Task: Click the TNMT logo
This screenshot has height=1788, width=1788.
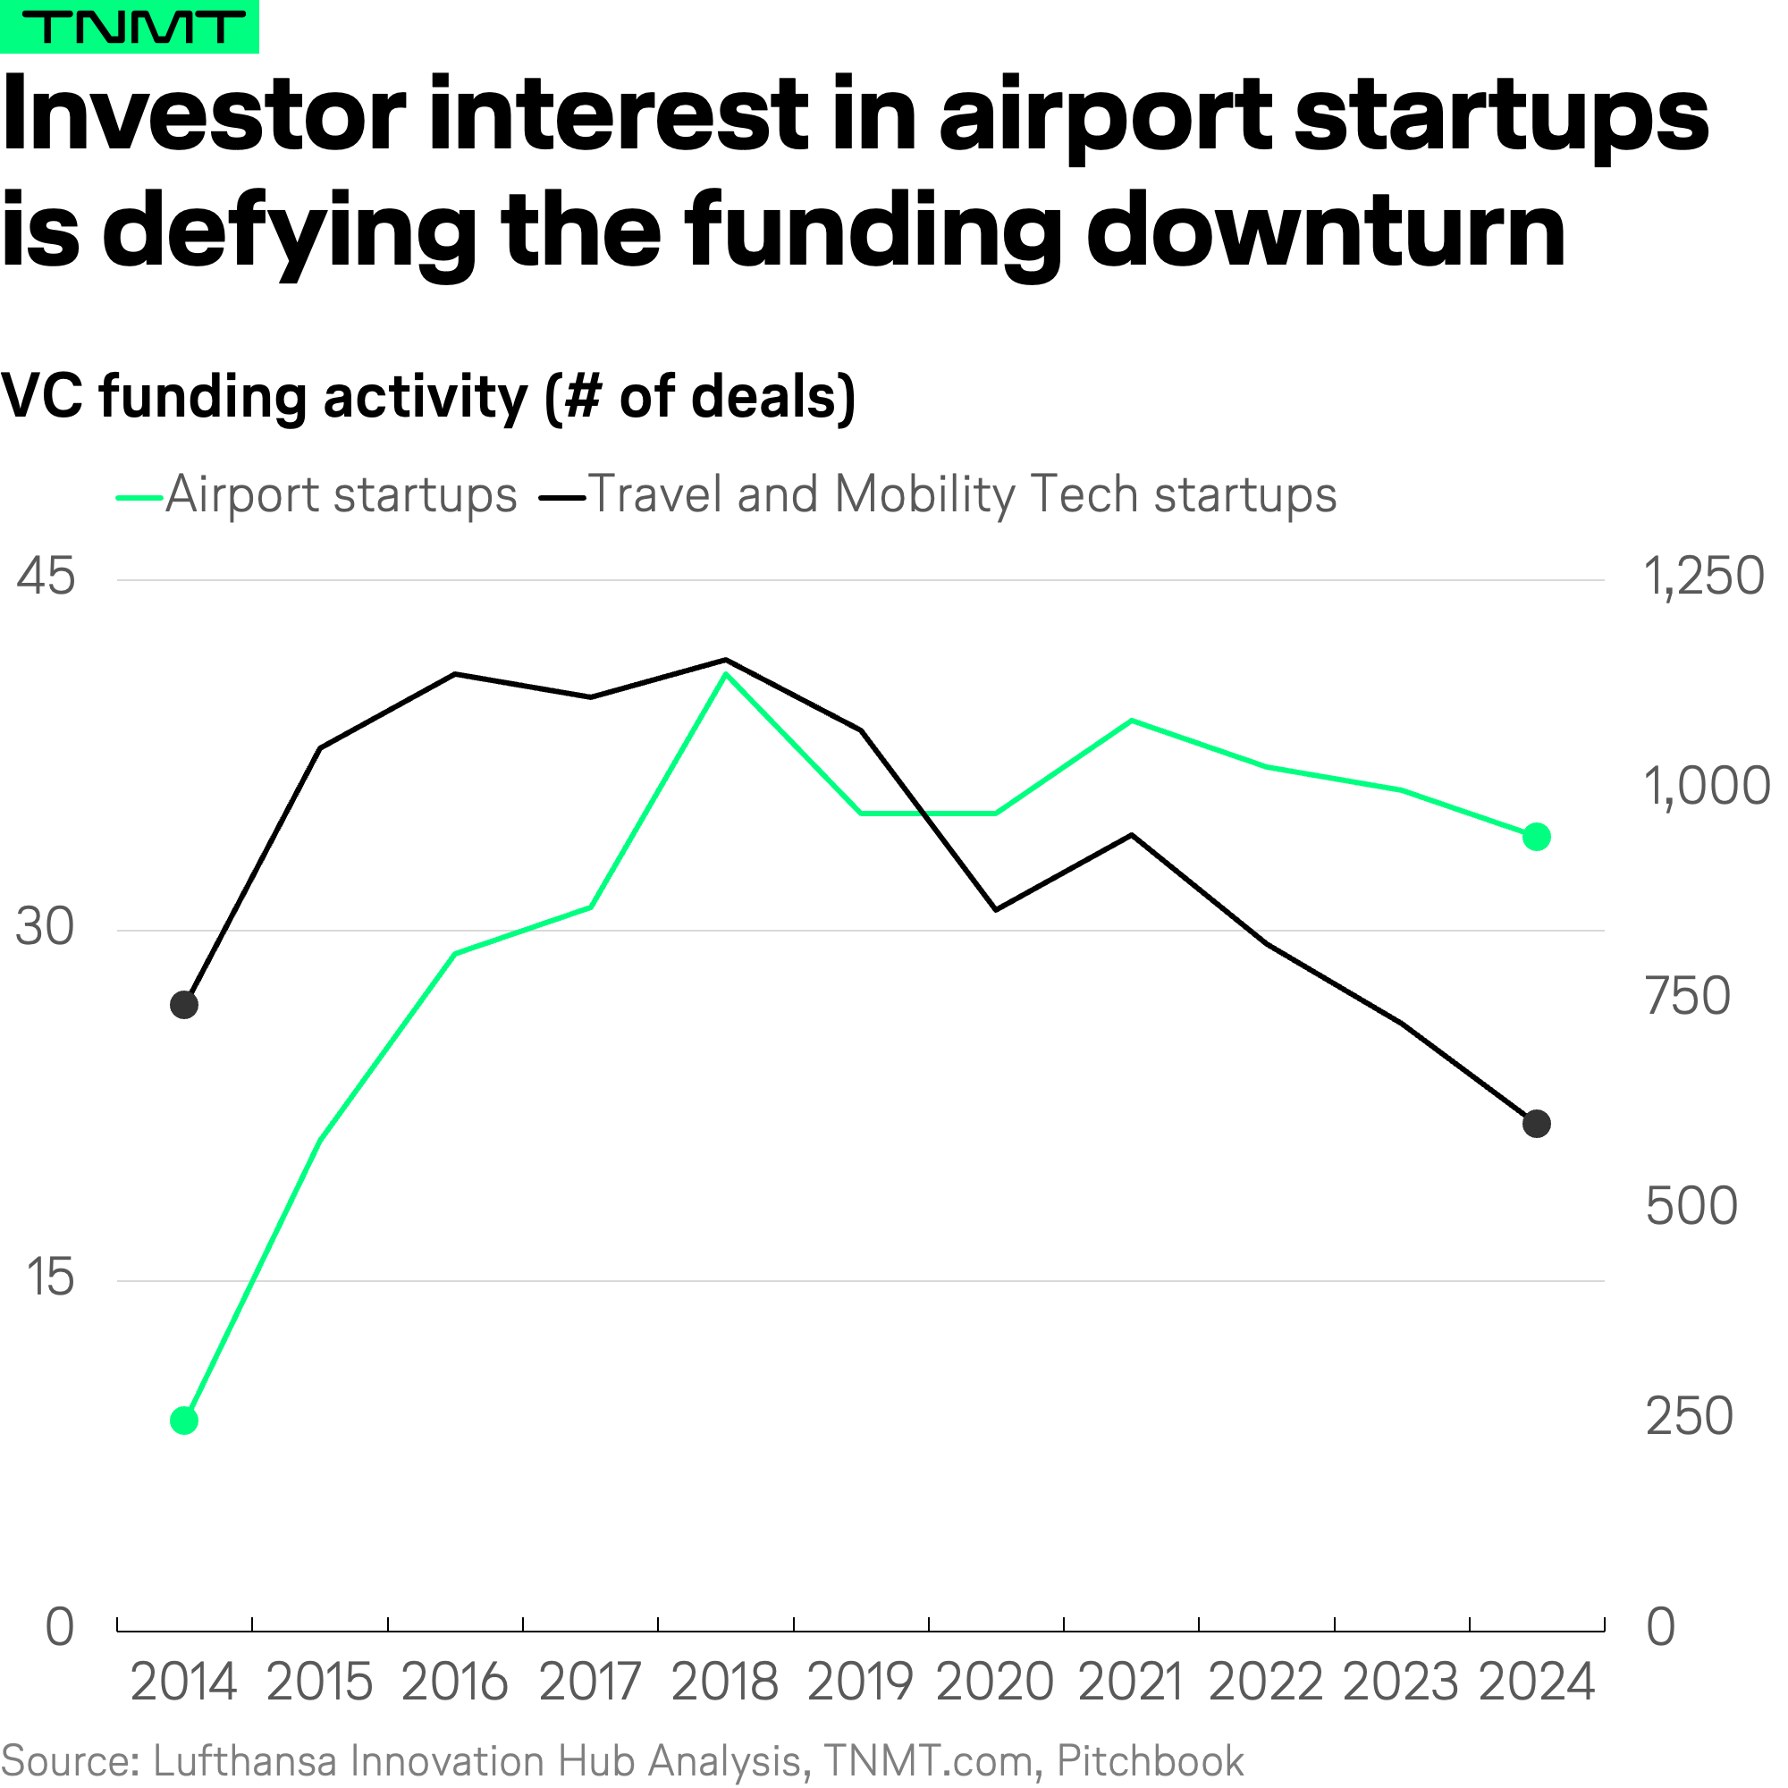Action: tap(129, 26)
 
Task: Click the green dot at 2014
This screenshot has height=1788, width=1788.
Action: tap(184, 1421)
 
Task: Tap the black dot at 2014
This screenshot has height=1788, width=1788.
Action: tap(184, 1005)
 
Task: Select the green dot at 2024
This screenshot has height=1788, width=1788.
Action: tap(1536, 837)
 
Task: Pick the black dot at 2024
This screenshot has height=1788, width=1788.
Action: tap(1536, 1124)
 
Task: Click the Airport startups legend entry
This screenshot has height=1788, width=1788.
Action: tap(316, 494)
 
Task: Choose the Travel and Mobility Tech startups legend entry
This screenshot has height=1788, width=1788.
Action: tap(938, 494)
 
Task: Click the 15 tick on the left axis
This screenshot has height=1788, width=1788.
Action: tap(50, 1278)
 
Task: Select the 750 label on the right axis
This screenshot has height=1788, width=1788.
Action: tap(1688, 996)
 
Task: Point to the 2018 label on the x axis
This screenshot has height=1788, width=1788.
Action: tap(725, 1682)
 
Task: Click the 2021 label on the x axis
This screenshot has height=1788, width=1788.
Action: tap(1131, 1682)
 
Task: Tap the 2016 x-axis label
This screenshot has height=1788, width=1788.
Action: tap(454, 1682)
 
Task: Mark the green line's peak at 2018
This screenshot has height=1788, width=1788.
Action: tap(727, 674)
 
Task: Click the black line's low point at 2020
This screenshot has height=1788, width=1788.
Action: tap(996, 910)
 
